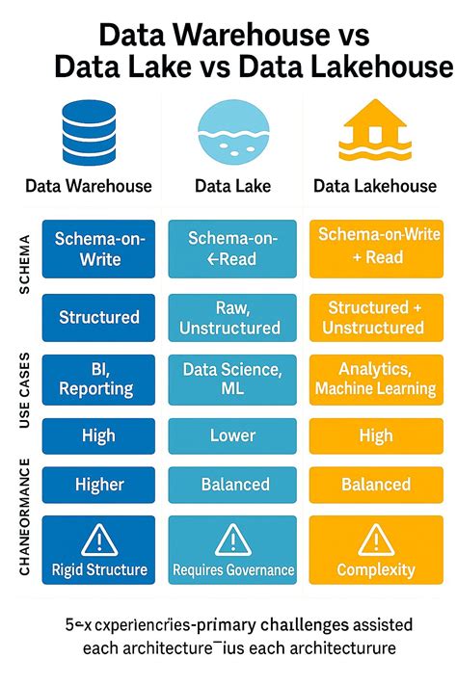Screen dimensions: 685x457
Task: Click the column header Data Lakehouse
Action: pos(375,186)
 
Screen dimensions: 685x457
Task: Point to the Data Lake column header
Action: pos(231,186)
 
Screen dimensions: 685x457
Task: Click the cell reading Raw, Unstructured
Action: pos(228,317)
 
